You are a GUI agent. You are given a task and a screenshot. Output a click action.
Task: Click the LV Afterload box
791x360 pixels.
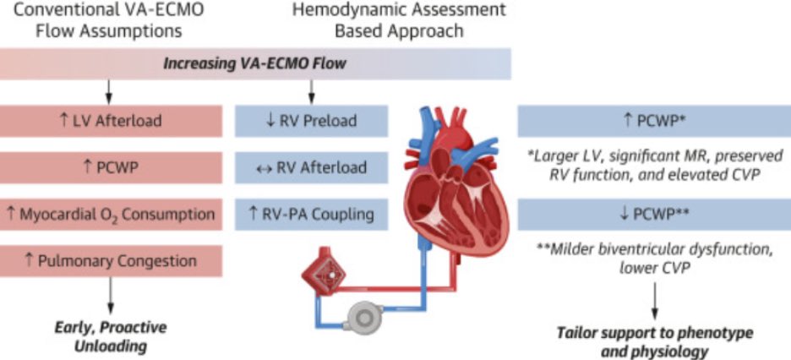tap(111, 121)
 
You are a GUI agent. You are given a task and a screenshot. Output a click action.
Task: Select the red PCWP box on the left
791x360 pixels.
tap(111, 167)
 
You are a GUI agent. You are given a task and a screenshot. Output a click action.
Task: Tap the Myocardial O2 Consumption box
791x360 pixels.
tap(111, 213)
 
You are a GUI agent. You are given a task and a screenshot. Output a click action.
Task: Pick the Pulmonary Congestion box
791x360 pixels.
tap(111, 260)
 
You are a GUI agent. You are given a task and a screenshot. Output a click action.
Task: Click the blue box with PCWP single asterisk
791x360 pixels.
tap(653, 121)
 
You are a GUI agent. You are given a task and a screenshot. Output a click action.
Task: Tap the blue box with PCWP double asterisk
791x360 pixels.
tap(653, 213)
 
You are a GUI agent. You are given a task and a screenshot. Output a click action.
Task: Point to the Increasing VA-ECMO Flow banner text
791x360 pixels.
tap(255, 64)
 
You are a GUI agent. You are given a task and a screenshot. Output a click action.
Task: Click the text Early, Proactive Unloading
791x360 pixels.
tap(111, 337)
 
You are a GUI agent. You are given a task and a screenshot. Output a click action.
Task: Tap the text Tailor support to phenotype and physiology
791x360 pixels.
tap(654, 341)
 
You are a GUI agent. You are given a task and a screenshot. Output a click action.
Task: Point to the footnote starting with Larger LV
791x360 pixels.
tap(653, 167)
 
